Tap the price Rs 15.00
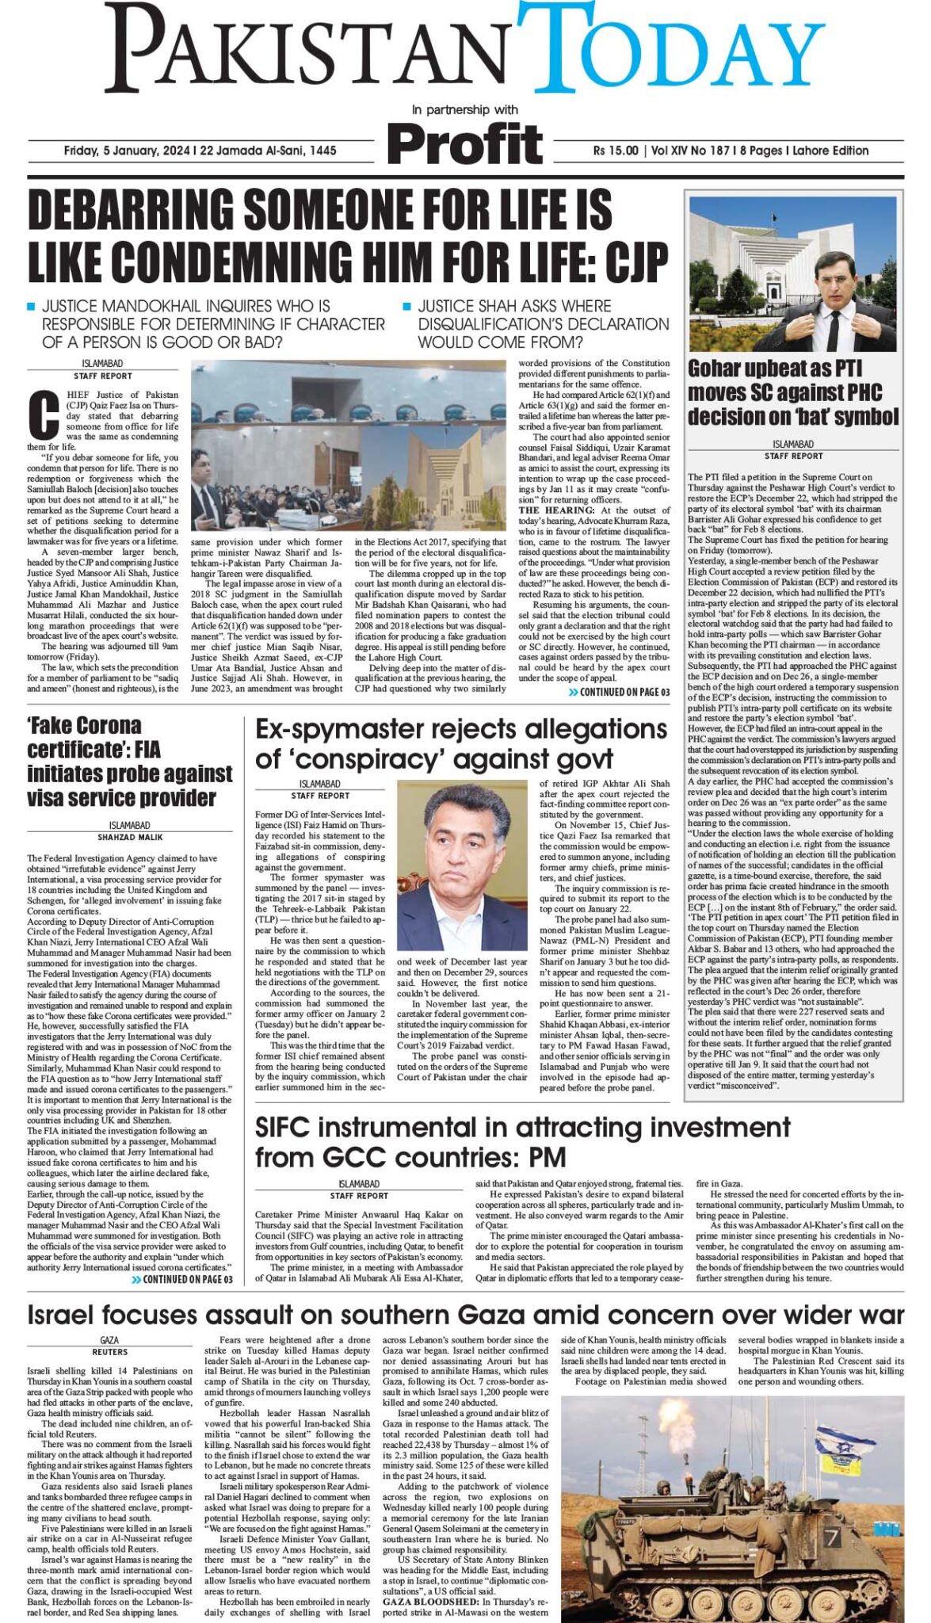coord(616,151)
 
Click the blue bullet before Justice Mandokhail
coord(31,306)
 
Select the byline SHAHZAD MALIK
coord(130,837)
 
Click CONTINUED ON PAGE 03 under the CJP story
coord(619,692)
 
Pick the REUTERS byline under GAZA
coord(109,1352)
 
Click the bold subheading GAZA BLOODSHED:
coord(428,1602)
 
